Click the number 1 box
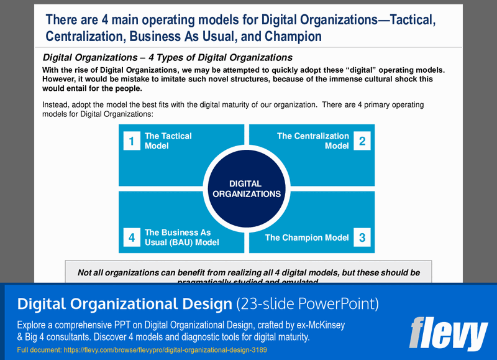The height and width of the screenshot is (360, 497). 131,141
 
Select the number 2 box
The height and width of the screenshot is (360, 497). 362,141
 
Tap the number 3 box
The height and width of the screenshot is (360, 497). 362,237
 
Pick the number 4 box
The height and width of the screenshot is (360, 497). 131,237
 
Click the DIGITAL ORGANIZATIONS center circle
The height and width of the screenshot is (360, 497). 247,188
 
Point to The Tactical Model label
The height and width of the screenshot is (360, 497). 168,141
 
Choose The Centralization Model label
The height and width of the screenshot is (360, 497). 313,141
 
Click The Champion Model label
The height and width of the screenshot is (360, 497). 307,238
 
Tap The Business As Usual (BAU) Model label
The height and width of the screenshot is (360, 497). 181,238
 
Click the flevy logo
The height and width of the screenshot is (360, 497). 448,333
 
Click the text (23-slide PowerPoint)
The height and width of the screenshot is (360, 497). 308,304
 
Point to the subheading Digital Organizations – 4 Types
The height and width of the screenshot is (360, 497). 167,57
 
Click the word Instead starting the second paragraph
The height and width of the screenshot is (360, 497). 56,105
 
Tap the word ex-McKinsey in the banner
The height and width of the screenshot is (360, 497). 319,325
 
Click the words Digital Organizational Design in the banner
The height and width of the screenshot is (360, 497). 124,304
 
